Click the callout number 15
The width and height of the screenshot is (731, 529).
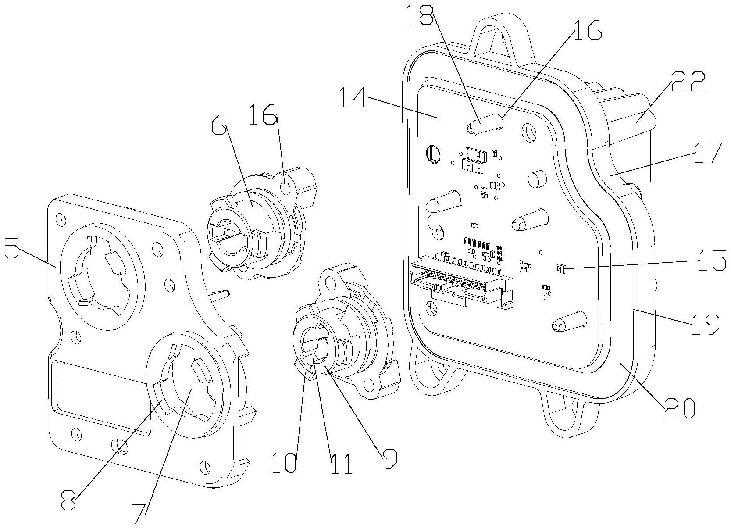tap(713, 261)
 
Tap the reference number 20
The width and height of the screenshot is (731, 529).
tap(679, 407)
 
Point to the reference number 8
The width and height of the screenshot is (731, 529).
tap(69, 500)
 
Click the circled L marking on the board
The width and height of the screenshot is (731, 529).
tap(434, 154)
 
